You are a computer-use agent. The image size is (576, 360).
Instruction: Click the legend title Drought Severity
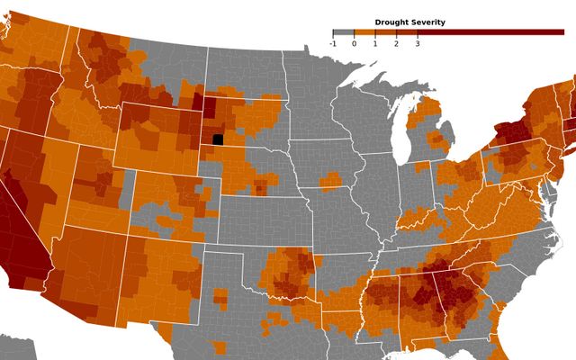click(409, 22)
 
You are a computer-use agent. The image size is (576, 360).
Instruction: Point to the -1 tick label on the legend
click(333, 42)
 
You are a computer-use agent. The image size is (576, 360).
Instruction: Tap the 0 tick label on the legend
click(354, 42)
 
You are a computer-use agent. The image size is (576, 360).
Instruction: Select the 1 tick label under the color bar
click(375, 42)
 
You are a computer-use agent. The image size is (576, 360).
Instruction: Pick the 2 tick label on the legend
click(396, 42)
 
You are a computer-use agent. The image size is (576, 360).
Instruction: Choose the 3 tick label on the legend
click(418, 42)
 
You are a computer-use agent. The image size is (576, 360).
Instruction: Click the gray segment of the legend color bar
click(343, 32)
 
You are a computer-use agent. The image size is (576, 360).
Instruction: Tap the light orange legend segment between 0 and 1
click(364, 32)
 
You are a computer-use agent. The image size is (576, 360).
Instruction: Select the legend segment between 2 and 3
click(407, 32)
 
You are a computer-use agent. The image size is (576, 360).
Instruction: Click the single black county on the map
click(218, 139)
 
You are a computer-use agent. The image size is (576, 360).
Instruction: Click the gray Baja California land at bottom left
click(18, 346)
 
